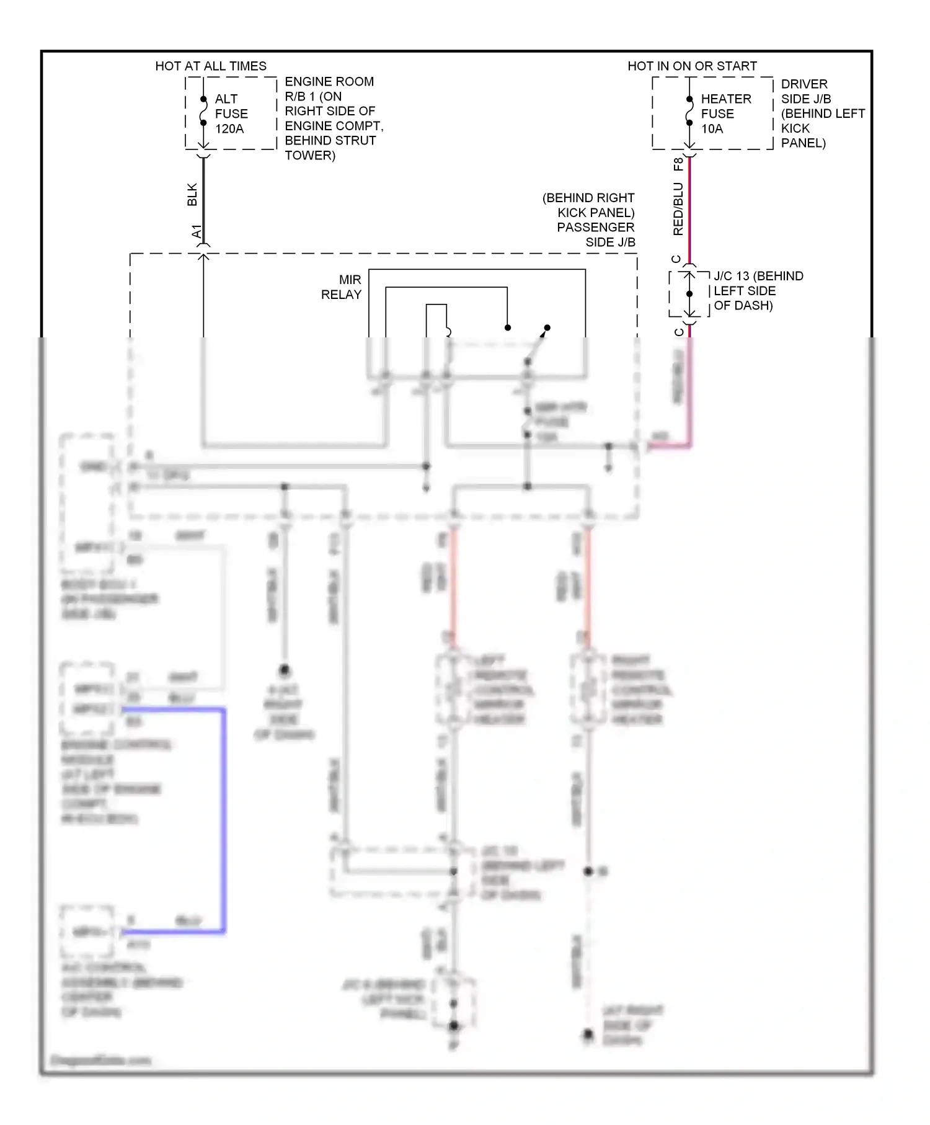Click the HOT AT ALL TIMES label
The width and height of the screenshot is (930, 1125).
pos(211,66)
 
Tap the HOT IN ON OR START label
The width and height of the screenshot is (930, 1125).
pos(692,66)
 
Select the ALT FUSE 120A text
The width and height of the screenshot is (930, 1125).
pos(231,114)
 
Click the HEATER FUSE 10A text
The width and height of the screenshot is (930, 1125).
pos(725,114)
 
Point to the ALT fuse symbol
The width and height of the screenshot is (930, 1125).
pos(203,112)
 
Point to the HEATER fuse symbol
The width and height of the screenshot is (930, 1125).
pos(689,112)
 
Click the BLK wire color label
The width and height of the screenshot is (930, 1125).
pos(192,194)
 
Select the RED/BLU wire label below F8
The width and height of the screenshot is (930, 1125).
pos(678,209)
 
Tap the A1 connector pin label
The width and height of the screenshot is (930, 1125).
pos(197,232)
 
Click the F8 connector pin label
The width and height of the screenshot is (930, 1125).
pos(678,164)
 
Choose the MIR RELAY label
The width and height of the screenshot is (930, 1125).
pos(341,287)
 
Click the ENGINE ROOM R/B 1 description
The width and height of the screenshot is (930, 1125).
pos(334,118)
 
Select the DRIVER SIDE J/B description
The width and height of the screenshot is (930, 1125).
pos(822,113)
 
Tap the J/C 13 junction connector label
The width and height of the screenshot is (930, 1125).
pos(758,291)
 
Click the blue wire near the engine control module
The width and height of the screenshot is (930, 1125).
pos(223,819)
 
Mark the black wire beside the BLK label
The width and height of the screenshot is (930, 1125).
pos(203,198)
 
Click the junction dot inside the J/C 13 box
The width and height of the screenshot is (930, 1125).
pos(689,294)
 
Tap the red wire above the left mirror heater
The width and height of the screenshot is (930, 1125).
pos(453,583)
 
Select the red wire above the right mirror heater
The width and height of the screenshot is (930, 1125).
pos(588,583)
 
